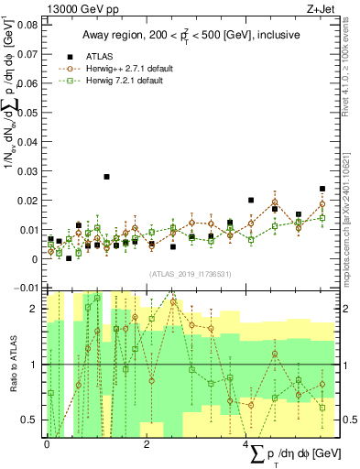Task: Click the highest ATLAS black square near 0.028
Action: coord(106,177)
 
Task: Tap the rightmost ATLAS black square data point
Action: coord(322,190)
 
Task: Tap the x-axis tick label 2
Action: coord(147,444)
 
